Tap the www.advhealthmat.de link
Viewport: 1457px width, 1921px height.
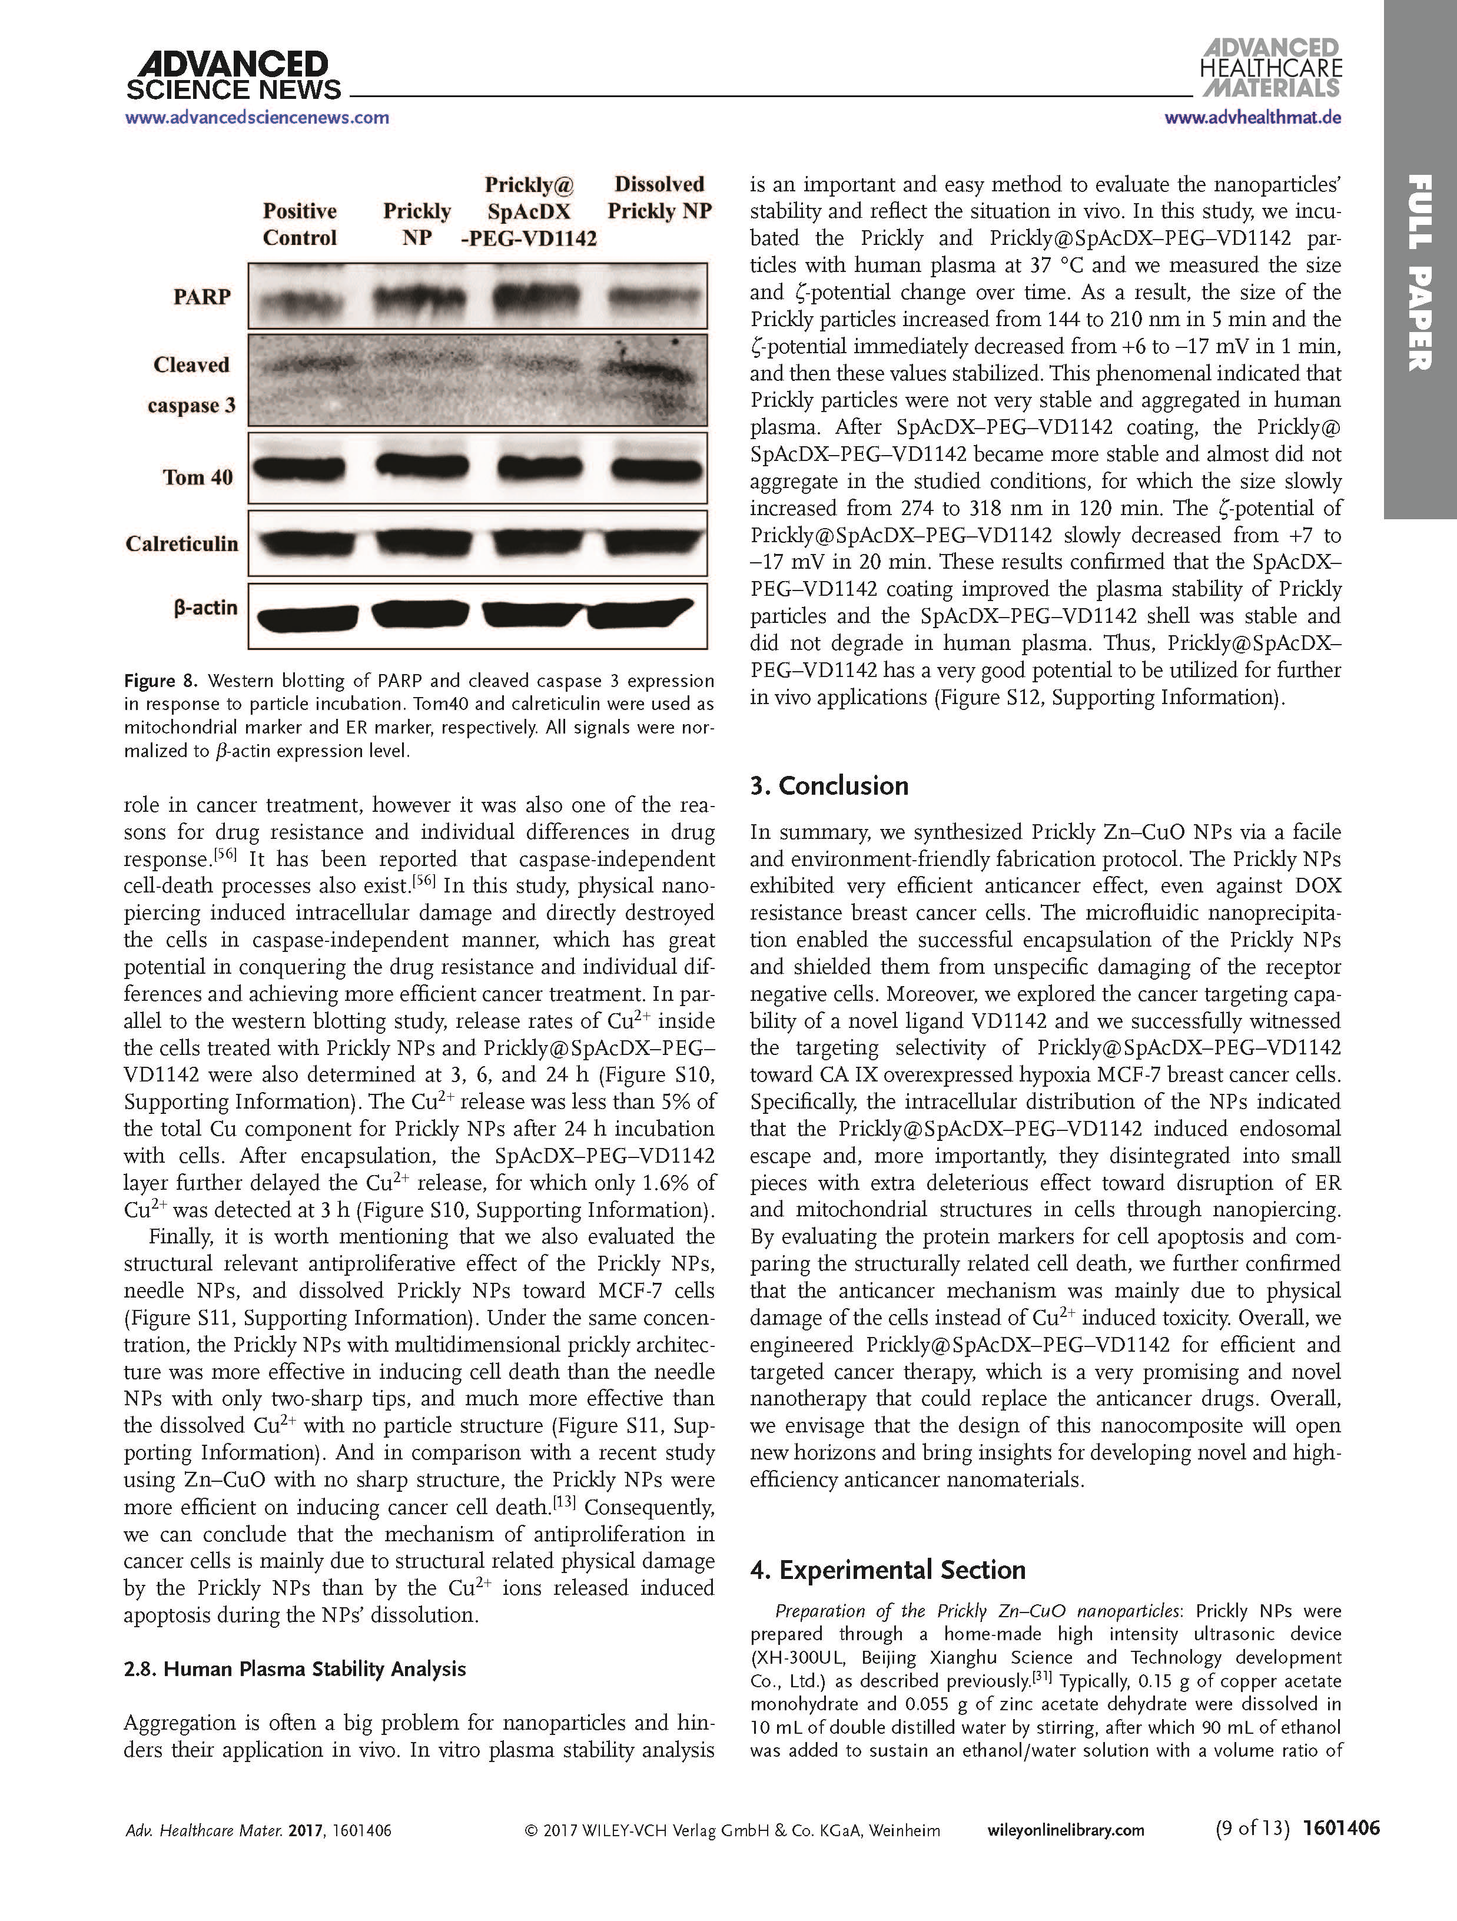[x=1252, y=117]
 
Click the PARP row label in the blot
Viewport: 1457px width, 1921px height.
[x=201, y=297]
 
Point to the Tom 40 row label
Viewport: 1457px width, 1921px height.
[x=198, y=477]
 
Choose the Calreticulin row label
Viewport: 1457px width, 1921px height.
[x=181, y=543]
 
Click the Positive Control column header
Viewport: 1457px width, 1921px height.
[x=300, y=224]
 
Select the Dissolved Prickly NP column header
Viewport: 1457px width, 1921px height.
[x=659, y=198]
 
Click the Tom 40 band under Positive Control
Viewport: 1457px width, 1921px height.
[x=300, y=469]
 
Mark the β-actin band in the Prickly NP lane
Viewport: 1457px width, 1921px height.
[x=419, y=615]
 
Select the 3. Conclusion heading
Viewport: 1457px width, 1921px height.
[x=829, y=785]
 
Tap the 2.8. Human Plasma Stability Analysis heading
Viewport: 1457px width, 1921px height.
[x=294, y=1668]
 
